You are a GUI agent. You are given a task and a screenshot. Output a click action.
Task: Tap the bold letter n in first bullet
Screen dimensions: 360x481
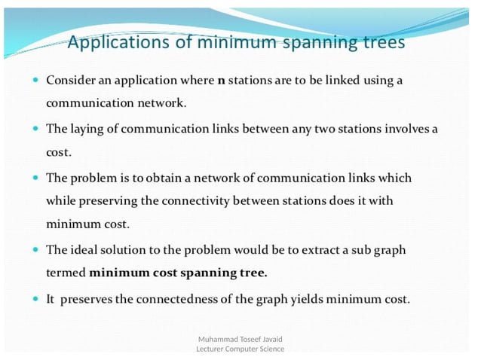click(x=221, y=80)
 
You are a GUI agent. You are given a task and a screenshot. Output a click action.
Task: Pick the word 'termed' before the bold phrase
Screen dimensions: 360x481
click(x=66, y=273)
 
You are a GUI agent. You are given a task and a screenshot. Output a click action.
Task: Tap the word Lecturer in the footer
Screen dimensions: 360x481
click(x=213, y=349)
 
